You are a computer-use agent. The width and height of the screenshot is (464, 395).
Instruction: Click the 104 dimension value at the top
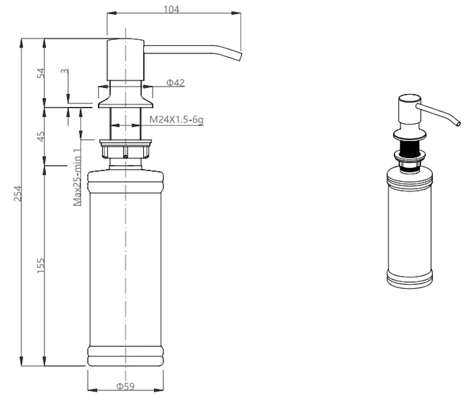point(171,9)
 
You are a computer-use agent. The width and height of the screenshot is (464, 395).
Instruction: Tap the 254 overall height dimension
point(18,193)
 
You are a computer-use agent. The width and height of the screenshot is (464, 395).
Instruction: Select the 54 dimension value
point(41,73)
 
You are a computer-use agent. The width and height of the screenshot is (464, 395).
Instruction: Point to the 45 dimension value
point(41,137)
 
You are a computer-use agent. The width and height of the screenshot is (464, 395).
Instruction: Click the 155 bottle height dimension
point(41,266)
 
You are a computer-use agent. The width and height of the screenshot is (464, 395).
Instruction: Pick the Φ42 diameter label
point(176,82)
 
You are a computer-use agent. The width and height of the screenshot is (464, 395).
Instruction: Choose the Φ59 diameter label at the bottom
point(125,386)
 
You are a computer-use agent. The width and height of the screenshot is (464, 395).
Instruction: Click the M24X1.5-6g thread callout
point(176,120)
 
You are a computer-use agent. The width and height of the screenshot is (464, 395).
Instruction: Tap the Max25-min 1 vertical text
point(77,177)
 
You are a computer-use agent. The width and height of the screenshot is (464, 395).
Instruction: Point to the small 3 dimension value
point(64,71)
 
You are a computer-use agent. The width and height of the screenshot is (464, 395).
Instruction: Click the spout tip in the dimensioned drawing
point(240,57)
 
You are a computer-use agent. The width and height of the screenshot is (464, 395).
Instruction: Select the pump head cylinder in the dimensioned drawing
point(125,60)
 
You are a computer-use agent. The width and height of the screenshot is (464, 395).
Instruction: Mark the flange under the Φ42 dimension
point(125,102)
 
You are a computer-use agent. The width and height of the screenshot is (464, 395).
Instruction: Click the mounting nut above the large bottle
point(125,149)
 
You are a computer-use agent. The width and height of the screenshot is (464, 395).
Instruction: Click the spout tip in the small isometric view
point(458,123)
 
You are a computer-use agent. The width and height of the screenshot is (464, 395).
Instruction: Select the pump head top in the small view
point(409,99)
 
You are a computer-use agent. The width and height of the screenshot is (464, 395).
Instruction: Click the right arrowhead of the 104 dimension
point(236,13)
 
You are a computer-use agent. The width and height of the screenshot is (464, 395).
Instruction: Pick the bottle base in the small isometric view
point(409,279)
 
